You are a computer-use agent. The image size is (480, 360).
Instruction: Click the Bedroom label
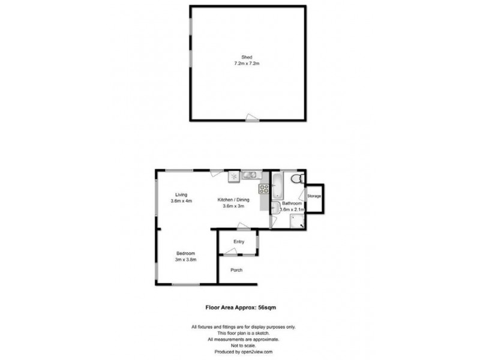point(185,253)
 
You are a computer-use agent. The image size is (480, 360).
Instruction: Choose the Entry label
point(239,241)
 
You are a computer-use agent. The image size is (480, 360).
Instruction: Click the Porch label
point(237,270)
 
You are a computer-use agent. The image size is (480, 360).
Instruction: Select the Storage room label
point(314,197)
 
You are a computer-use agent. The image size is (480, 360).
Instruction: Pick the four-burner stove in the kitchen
point(263,188)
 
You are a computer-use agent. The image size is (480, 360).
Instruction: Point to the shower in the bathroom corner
point(296,221)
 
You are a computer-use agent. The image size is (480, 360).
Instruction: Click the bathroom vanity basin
point(274,208)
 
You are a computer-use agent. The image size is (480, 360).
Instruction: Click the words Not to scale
point(240,345)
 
